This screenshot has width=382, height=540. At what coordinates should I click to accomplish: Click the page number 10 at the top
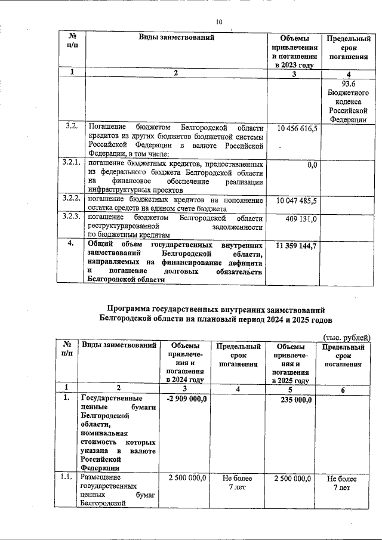pos(219,22)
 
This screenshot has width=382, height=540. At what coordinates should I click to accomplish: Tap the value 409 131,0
pos(301,219)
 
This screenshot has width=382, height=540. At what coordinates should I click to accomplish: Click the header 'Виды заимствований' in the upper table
pos(176,38)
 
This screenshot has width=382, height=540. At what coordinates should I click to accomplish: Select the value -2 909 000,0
pos(187,399)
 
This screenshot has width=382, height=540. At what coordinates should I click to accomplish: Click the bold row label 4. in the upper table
pos(71,243)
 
